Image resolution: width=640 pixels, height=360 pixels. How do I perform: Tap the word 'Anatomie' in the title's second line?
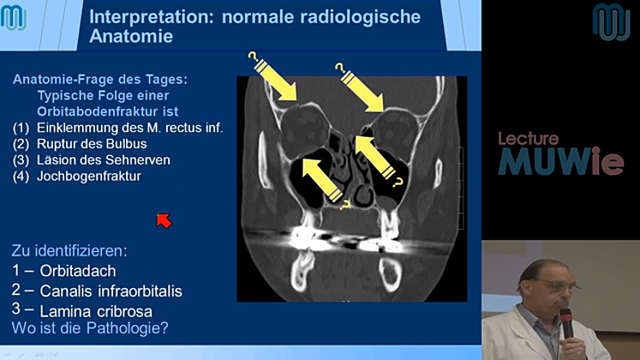[131, 37]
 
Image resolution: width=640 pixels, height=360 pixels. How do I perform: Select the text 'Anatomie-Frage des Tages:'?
[99, 79]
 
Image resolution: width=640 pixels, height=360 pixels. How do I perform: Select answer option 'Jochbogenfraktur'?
[84, 176]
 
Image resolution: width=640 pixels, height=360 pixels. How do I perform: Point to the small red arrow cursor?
[164, 220]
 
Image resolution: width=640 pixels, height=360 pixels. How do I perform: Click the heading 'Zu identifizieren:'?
[69, 251]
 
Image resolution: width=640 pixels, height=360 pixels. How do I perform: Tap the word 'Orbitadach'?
[78, 272]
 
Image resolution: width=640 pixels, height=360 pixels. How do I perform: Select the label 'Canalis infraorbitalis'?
[111, 291]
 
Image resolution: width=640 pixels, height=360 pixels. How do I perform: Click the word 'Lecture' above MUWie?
[529, 138]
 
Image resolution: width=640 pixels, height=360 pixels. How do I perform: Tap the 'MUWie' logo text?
[560, 160]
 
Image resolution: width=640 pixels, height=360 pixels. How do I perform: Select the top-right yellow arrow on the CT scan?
[362, 86]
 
